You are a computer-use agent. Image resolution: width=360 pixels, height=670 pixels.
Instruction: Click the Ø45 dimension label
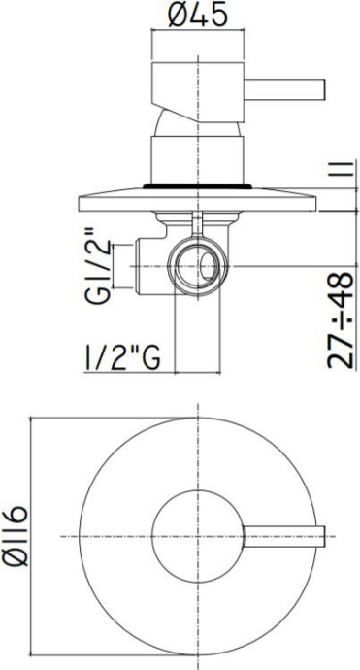[x=199, y=16]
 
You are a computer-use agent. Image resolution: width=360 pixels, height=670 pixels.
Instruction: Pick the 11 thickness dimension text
[x=340, y=177]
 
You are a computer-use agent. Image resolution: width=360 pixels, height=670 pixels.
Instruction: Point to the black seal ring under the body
[x=199, y=181]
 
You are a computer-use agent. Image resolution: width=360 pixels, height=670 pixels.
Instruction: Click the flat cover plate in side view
[x=199, y=199]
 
